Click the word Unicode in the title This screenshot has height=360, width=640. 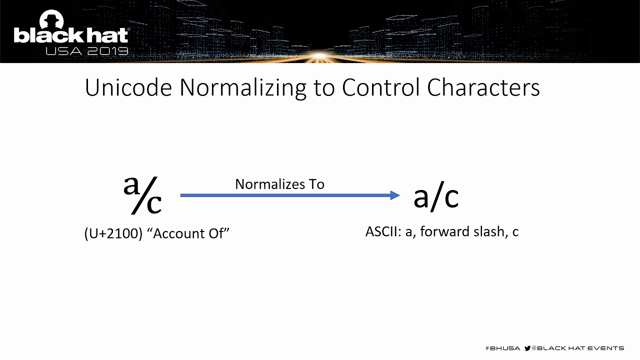[128, 87]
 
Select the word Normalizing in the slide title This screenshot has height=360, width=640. [242, 88]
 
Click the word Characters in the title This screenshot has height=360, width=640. [483, 87]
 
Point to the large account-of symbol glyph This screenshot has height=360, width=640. [142, 195]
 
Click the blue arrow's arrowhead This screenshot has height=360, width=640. [395, 195]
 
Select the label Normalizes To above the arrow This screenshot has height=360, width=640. [279, 184]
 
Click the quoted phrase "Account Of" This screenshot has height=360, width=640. [188, 233]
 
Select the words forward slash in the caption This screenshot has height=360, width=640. [462, 231]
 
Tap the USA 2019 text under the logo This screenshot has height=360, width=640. [86, 51]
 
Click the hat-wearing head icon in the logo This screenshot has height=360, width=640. [50, 20]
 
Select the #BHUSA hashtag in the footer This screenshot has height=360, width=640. [502, 348]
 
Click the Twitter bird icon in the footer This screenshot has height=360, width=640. [527, 348]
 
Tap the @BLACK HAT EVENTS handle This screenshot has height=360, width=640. [577, 348]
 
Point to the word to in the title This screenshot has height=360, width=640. [323, 87]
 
